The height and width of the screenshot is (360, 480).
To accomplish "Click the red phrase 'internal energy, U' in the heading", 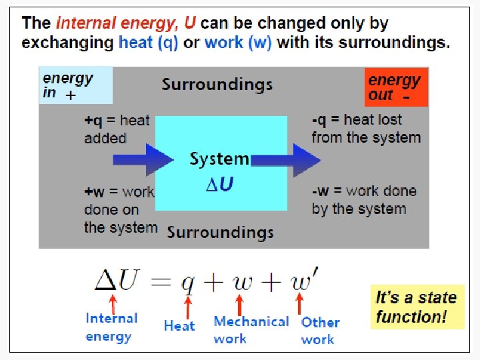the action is point(126,23).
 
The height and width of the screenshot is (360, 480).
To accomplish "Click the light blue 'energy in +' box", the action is point(75,86).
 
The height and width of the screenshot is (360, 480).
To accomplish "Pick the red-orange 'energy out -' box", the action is point(396,87).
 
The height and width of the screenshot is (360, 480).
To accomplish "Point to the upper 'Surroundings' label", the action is point(217,85).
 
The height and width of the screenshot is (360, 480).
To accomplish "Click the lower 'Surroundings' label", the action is point(220,232).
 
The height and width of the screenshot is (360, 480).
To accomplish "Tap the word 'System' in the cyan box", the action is point(219,159).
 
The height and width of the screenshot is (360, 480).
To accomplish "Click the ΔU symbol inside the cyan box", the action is point(219,184).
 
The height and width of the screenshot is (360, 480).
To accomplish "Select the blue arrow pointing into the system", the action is point(143,159).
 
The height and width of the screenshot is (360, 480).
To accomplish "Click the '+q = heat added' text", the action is point(116,129).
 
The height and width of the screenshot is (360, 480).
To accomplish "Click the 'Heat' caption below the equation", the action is point(179,325).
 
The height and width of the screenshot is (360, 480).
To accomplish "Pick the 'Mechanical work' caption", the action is point(251,330).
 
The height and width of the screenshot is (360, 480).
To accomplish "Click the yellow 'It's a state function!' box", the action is point(417,307).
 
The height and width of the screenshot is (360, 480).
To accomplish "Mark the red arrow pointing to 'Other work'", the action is point(300,305).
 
